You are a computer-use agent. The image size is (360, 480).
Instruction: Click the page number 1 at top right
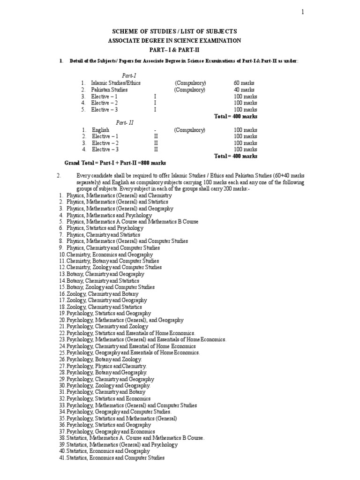point(303,13)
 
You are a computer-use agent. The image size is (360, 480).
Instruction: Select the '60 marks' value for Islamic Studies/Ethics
point(244,83)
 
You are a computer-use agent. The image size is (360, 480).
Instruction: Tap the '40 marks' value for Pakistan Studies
point(244,90)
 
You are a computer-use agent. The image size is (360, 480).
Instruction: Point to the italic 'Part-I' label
point(129,75)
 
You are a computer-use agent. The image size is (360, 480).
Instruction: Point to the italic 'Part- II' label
point(125,123)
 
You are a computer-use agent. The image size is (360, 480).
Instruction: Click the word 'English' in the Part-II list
point(100,130)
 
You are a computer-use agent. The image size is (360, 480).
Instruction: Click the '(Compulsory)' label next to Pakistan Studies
point(190,90)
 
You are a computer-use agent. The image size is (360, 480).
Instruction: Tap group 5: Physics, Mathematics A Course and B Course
point(132,221)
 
